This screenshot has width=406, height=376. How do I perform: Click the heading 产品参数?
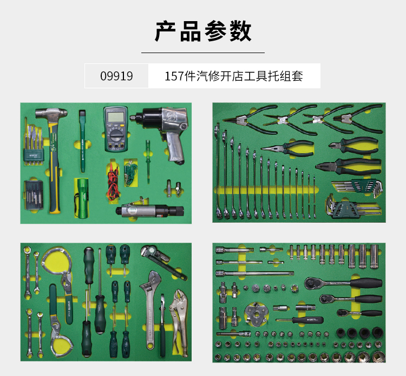tap(203, 32)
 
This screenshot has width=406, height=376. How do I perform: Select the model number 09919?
tap(116, 76)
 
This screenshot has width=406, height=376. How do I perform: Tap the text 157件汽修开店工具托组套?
tap(233, 76)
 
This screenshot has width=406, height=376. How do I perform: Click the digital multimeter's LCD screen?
tap(115, 116)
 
